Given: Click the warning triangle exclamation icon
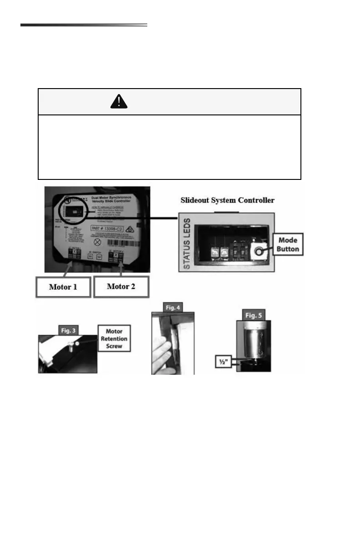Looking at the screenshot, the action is click(x=119, y=102).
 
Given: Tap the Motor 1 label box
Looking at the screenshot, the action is click(x=63, y=287).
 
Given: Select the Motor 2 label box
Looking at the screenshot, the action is click(x=121, y=287).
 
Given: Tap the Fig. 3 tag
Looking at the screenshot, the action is click(x=67, y=329).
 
